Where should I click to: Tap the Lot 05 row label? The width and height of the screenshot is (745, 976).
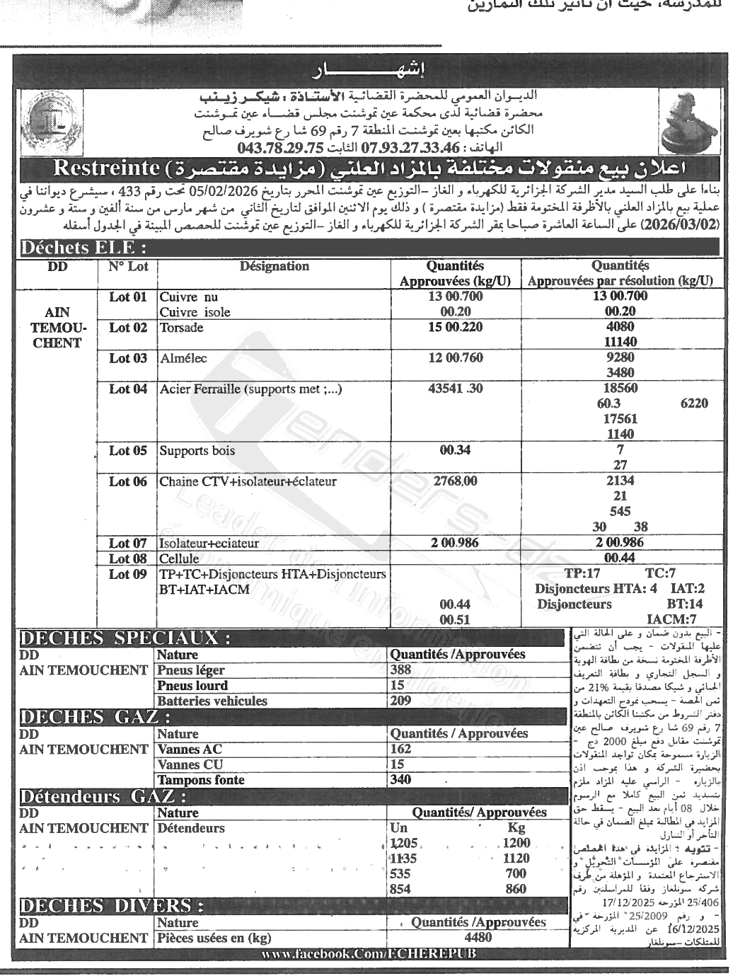128,451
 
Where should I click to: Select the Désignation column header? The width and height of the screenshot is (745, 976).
274,267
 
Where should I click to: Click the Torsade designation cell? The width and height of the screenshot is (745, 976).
182,328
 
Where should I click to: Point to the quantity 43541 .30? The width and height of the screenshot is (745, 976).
456,389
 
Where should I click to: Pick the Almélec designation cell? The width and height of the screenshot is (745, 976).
183,358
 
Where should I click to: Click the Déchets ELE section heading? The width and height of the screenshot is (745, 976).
83,248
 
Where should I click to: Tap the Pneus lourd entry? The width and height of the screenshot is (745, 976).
192,686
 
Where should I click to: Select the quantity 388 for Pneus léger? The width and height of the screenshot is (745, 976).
400,670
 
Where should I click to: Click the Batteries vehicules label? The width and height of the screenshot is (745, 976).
212,701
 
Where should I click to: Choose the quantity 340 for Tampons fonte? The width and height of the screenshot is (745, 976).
400,780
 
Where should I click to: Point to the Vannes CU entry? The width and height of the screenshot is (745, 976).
190,764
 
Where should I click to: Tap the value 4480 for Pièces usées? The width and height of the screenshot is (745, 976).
478,938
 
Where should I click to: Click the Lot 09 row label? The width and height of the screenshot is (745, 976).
128,574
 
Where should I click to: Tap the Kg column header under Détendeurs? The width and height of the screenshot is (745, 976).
516,828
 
